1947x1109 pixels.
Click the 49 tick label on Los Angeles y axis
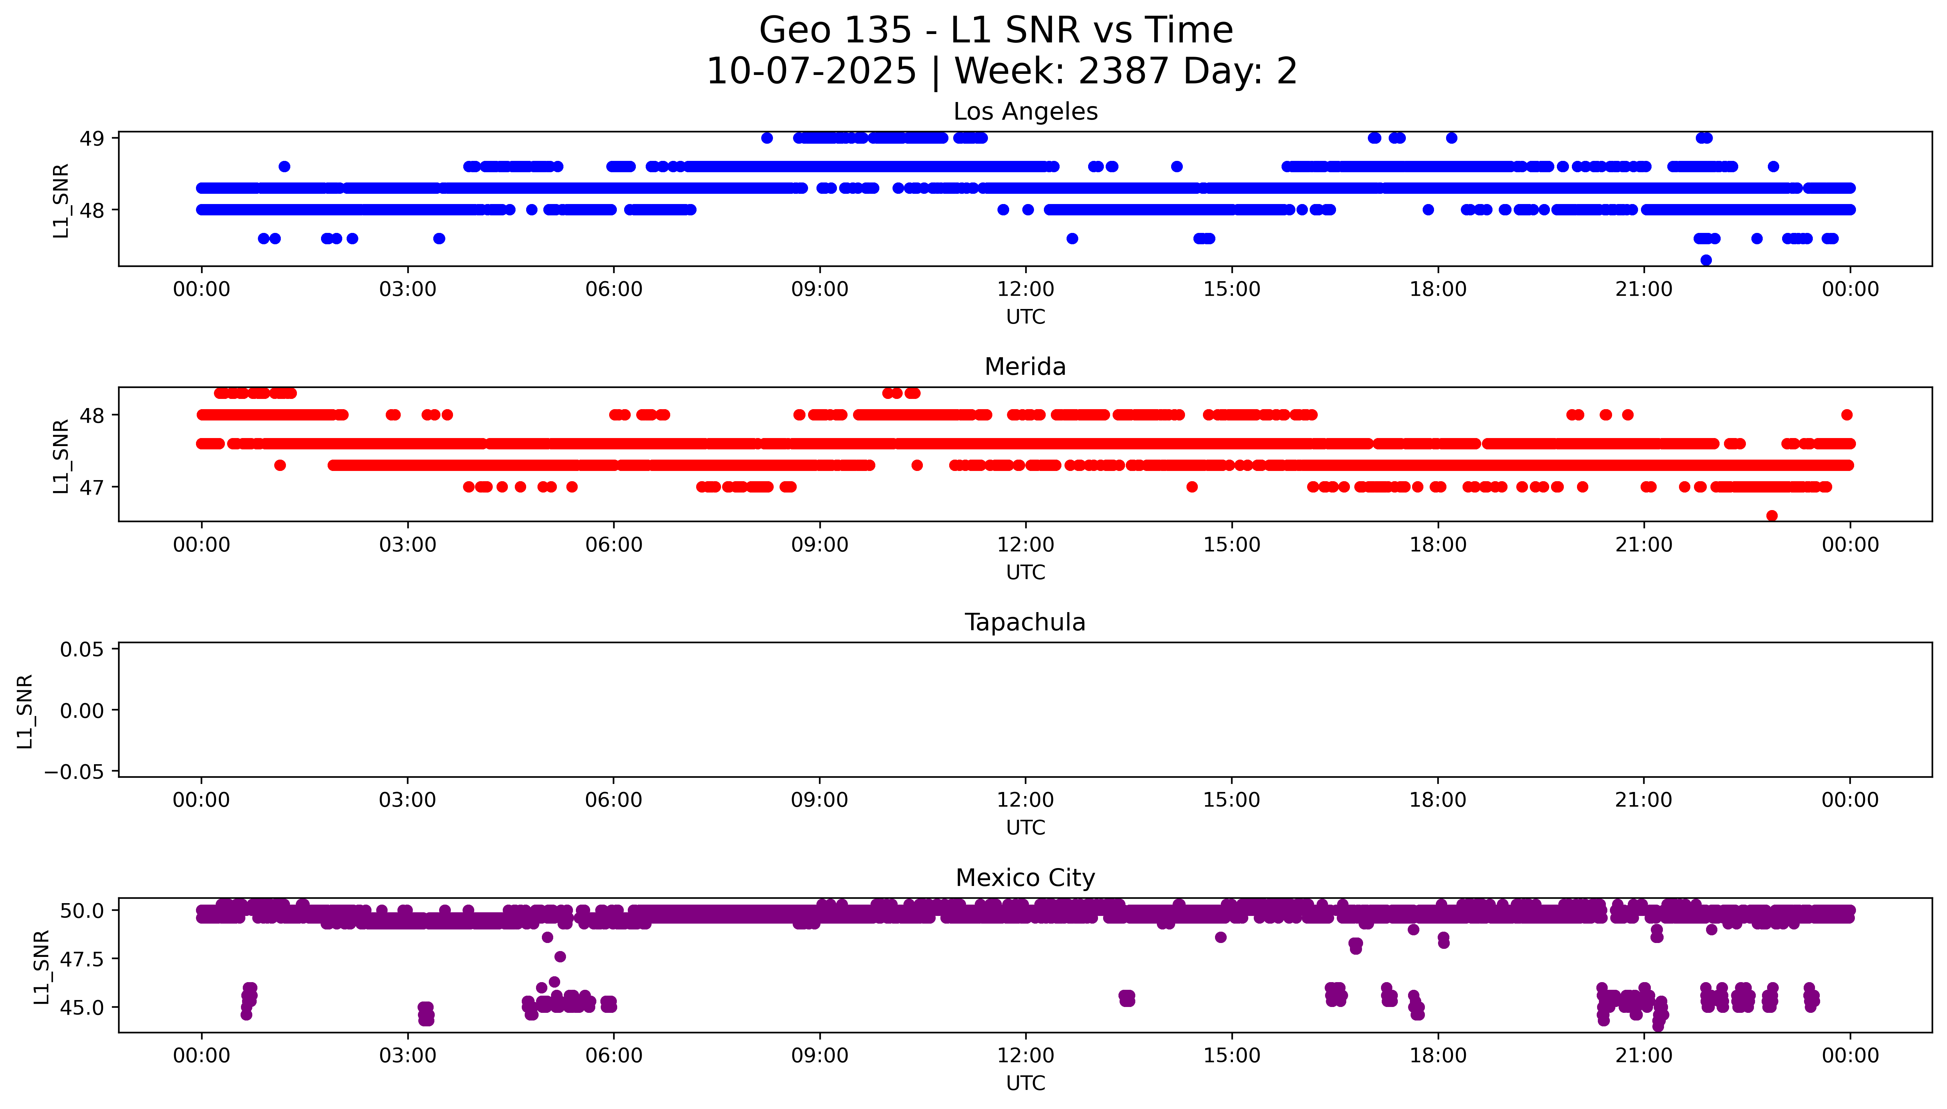92,139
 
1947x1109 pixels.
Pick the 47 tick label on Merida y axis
92,487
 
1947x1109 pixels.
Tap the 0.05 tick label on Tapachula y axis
82,650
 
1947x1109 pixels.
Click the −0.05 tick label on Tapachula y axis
75,772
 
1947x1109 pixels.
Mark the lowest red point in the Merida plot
1772,516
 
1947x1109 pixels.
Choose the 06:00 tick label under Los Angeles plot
614,290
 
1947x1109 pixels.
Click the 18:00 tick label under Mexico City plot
1438,1056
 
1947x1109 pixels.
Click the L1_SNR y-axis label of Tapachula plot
25,711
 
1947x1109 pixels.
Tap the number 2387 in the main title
1123,72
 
